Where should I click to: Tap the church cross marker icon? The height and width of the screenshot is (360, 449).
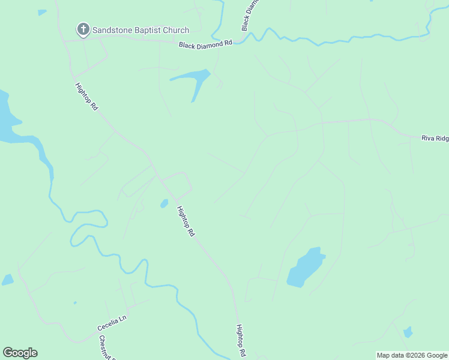pyautogui.click(x=83, y=29)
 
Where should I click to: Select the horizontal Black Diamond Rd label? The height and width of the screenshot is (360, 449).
pyautogui.click(x=205, y=44)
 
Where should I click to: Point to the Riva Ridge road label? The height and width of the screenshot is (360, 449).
pyautogui.click(x=435, y=138)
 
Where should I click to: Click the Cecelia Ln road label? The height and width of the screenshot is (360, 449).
pyautogui.click(x=112, y=324)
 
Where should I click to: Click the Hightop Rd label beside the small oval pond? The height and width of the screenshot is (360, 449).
pyautogui.click(x=186, y=221)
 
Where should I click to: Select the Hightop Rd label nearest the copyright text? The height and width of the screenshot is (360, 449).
pyautogui.click(x=240, y=340)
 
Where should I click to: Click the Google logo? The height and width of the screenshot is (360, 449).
pyautogui.click(x=20, y=353)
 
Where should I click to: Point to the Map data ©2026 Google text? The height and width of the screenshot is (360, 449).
pyautogui.click(x=412, y=355)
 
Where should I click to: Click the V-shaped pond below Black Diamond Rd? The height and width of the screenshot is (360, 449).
pyautogui.click(x=194, y=80)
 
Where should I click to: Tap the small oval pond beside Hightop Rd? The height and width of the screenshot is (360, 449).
pyautogui.click(x=164, y=204)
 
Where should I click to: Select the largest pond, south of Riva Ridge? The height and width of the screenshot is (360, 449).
pyautogui.click(x=305, y=267)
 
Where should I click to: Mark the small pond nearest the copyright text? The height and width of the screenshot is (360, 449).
pyautogui.click(x=408, y=332)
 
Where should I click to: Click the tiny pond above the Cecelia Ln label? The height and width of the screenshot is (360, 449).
pyautogui.click(x=74, y=303)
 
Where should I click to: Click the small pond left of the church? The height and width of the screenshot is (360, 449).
pyautogui.click(x=41, y=12)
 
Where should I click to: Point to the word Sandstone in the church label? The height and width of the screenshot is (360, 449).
pyautogui.click(x=110, y=30)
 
